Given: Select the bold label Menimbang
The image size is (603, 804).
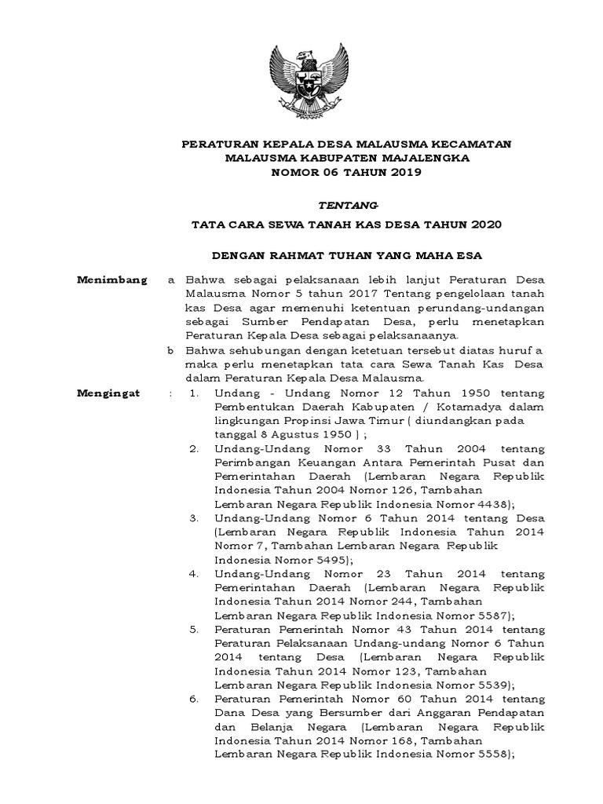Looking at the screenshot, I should pos(111,280).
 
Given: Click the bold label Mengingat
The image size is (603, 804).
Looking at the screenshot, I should pos(108,393).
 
